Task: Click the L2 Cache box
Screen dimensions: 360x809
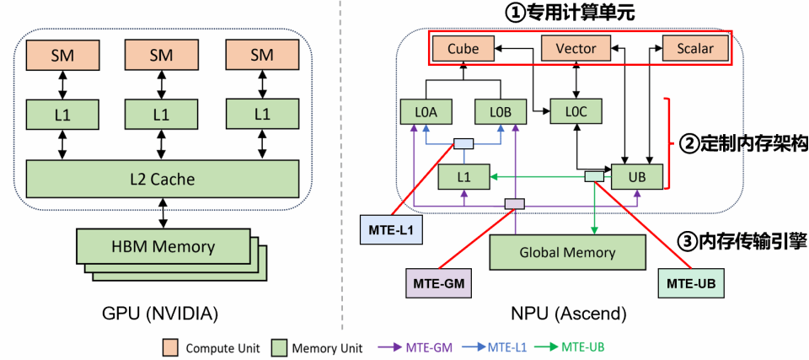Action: coord(163,179)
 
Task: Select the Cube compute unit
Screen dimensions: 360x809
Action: coord(463,48)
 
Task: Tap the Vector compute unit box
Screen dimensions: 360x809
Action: coord(576,48)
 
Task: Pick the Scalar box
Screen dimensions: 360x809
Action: coord(694,48)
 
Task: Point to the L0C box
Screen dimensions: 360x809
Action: coord(576,111)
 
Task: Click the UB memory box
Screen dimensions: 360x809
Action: coord(638,176)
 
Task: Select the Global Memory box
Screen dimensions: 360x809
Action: coord(566,251)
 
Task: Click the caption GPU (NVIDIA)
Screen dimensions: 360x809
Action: coord(161,314)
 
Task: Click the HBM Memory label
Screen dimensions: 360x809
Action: coord(163,247)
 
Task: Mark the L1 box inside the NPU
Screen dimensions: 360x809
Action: coord(463,176)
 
